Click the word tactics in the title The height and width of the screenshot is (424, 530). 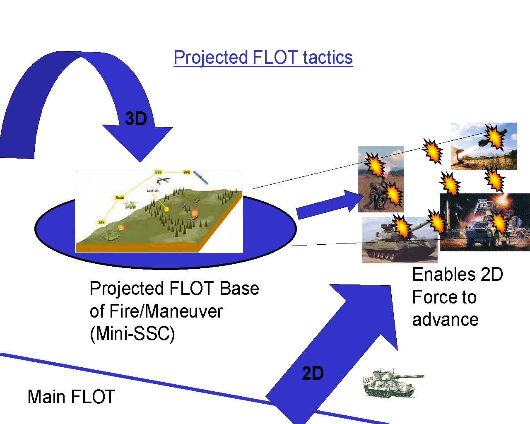point(328,58)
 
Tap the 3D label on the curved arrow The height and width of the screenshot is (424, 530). point(136,119)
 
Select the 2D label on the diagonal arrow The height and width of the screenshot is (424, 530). point(313,373)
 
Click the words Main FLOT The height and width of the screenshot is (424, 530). point(71,397)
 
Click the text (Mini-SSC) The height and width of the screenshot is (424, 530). point(132,333)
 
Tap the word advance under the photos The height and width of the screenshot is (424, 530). point(445,320)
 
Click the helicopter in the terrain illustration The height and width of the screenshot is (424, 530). point(131,205)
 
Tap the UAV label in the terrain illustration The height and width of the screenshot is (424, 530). point(158,172)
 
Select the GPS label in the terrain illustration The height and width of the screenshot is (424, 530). point(187,172)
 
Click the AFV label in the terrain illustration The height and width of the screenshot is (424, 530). point(101,222)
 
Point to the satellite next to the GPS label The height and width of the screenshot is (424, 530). point(201,178)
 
